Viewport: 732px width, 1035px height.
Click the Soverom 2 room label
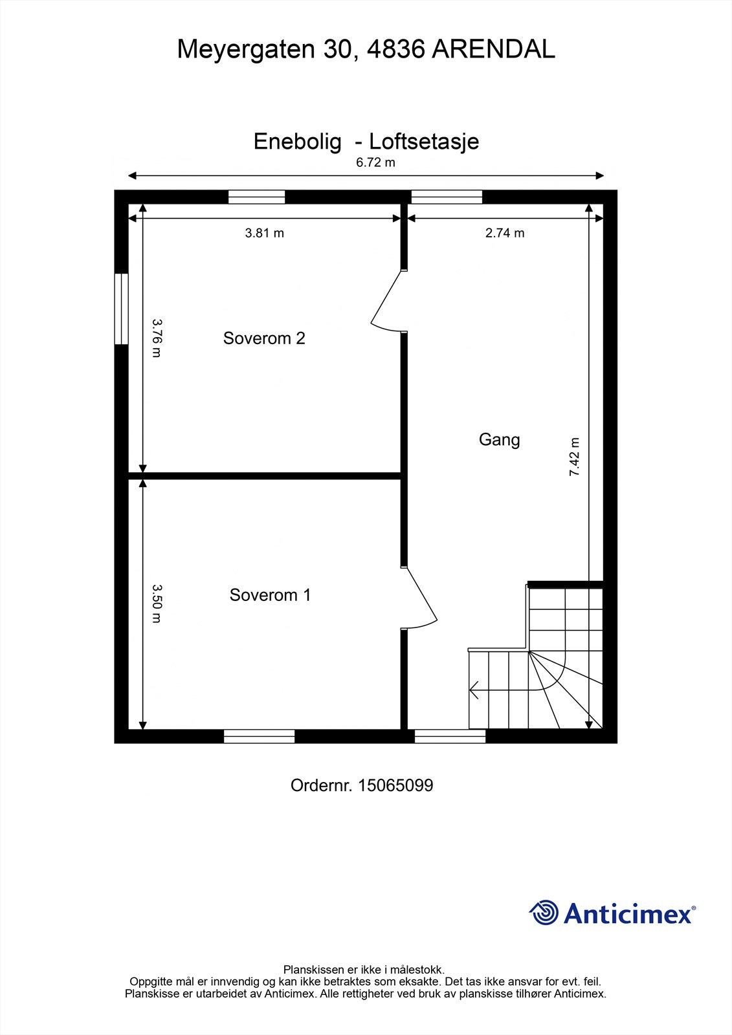point(264,338)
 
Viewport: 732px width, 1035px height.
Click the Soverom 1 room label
point(270,595)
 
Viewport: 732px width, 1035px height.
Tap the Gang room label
point(499,440)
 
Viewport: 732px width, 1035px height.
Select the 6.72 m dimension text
point(375,162)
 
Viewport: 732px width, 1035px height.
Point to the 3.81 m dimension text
point(264,233)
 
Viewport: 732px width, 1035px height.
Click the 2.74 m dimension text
point(505,233)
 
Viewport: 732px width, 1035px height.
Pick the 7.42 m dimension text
point(575,457)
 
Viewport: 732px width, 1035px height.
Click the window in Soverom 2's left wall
point(121,309)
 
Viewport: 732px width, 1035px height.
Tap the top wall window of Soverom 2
point(256,197)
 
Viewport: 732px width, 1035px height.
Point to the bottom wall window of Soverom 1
point(259,736)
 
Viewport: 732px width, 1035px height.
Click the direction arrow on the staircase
point(474,690)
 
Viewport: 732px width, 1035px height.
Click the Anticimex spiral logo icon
point(544,913)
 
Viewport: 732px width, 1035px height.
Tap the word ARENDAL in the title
point(493,50)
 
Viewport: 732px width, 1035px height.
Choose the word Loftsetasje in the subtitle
point(424,142)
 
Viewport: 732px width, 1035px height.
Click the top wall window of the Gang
point(447,197)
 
